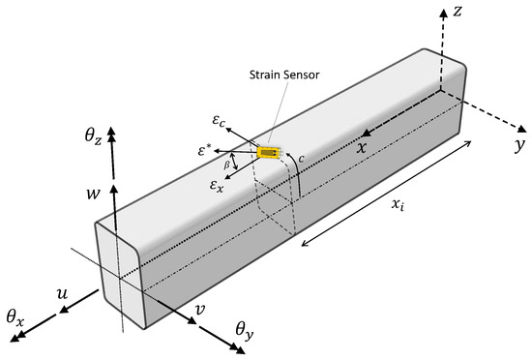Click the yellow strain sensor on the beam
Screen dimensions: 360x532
268,152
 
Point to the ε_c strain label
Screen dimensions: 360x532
220,123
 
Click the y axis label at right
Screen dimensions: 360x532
518,145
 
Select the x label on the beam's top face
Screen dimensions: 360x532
361,148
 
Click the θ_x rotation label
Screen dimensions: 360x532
16,315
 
